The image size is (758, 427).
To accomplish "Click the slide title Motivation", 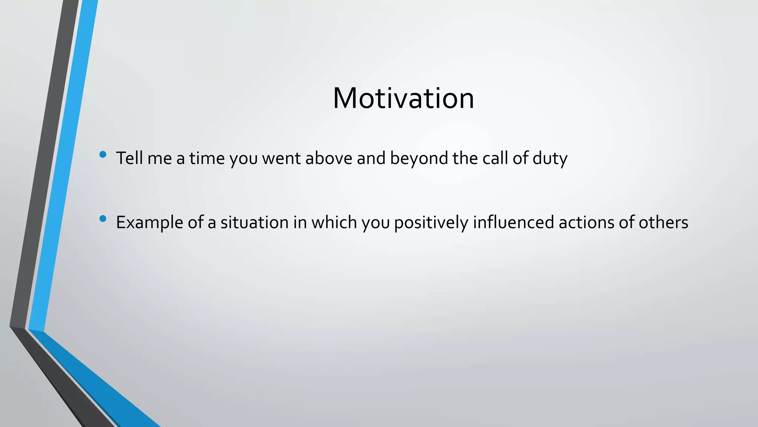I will (403, 98).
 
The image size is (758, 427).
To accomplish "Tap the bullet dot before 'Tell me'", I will (103, 155).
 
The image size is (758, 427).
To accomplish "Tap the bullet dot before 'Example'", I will (103, 219).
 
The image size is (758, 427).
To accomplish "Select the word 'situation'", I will (255, 222).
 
